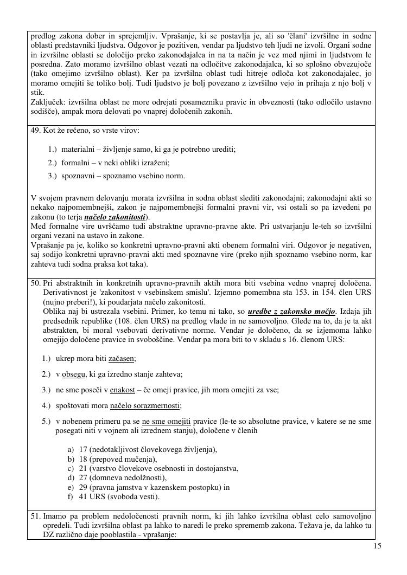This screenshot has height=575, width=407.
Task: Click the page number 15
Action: (x=378, y=546)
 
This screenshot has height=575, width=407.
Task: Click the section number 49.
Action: (x=35, y=131)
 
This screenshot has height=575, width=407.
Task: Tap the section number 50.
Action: (x=36, y=283)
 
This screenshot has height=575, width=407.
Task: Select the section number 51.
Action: (x=36, y=516)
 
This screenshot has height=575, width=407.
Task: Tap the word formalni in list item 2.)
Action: (x=75, y=162)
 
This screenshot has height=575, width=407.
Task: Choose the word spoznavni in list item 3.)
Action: (x=78, y=175)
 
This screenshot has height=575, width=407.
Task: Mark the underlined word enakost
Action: (x=123, y=390)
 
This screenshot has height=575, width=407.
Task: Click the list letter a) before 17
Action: (x=71, y=449)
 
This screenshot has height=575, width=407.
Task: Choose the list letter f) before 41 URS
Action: (x=71, y=496)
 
